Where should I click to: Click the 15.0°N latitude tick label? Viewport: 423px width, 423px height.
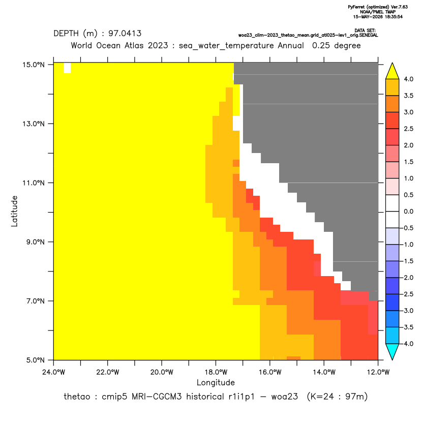coord(34,65)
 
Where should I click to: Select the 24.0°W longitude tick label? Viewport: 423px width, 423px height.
coord(54,372)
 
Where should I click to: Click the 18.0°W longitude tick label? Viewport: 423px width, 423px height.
coord(216,372)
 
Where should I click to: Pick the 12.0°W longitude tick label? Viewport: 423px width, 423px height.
coord(378,372)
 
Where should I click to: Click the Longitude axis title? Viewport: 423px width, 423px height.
coord(216,382)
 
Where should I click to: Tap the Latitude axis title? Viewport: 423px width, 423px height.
coord(14,211)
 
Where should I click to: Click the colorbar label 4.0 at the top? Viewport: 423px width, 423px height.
coord(408,79)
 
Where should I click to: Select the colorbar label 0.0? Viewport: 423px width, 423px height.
coord(408,211)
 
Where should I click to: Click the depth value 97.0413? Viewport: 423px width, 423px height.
coord(125,34)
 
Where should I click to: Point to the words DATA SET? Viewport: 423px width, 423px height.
coord(365,31)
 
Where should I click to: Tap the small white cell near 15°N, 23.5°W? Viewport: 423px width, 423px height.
coord(67,68)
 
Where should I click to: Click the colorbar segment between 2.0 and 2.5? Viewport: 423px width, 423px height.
coord(392,137)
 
